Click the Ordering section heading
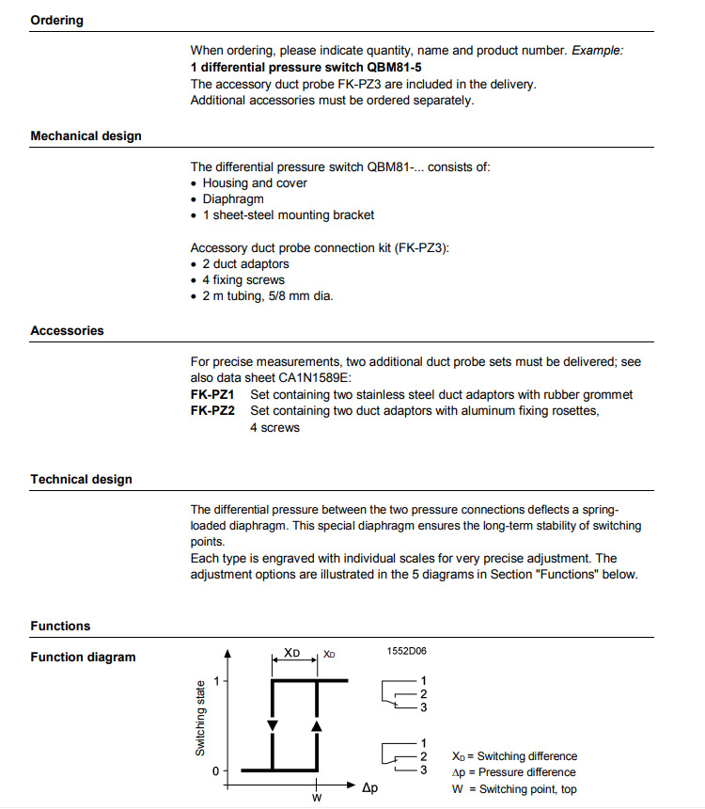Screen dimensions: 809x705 tap(56, 20)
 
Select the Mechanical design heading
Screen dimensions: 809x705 tap(86, 135)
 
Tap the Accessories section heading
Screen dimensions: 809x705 tap(67, 330)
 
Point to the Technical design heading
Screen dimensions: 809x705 tap(81, 479)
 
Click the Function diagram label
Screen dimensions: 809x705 tap(83, 657)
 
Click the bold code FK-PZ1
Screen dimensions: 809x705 tap(212, 394)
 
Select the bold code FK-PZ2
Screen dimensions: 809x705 tap(212, 411)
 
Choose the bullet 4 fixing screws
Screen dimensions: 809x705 tap(243, 279)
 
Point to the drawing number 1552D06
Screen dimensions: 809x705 tap(407, 650)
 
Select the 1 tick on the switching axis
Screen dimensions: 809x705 tap(217, 679)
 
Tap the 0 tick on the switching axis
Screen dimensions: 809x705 tap(216, 770)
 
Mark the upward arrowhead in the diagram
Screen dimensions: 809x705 tap(317, 725)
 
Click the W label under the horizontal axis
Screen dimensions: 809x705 tap(317, 797)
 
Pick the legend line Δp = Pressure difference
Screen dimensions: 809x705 tap(513, 772)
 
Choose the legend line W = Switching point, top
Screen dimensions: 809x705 tap(513, 789)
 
